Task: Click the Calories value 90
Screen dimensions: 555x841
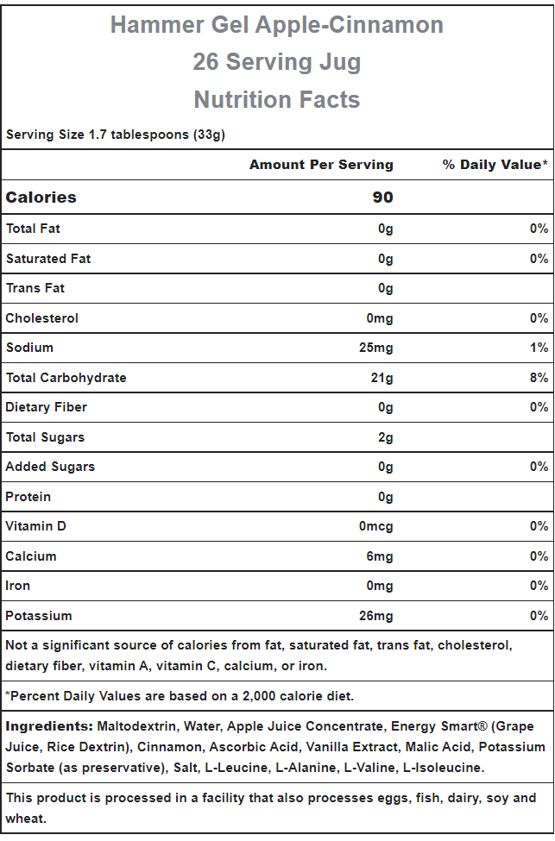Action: point(382,198)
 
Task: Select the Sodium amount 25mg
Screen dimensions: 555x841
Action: point(375,348)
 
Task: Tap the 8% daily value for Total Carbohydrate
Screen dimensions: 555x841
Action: point(539,378)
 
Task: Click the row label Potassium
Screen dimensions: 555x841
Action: point(39,616)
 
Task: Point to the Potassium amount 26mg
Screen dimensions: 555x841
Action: point(375,616)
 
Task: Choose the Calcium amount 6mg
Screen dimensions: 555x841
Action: point(380,556)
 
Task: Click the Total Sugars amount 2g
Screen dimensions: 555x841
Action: point(385,437)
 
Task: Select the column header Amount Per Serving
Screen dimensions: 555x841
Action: point(321,165)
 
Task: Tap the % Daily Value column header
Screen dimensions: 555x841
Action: point(495,165)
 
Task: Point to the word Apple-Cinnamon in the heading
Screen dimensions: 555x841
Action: point(349,25)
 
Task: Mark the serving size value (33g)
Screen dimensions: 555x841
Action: point(209,135)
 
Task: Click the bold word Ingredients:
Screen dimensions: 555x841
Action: point(49,727)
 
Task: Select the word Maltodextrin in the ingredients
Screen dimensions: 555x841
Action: point(136,726)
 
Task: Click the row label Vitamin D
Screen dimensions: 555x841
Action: point(36,526)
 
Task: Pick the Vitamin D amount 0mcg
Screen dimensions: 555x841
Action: point(375,527)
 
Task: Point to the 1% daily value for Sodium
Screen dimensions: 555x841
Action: point(539,348)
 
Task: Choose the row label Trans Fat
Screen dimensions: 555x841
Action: point(35,288)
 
